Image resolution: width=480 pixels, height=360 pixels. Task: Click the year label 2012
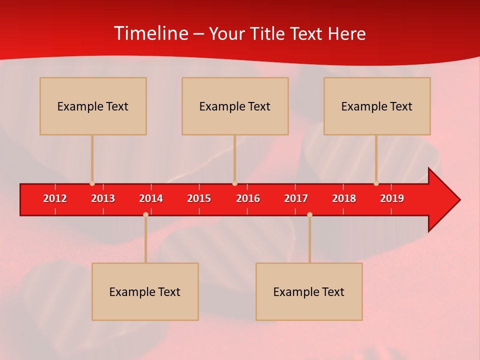pos(55,198)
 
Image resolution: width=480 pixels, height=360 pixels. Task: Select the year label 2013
pos(103,198)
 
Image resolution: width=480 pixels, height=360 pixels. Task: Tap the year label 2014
pos(151,198)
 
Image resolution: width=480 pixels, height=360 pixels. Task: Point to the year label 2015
pos(199,198)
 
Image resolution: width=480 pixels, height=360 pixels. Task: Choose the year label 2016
pos(248,198)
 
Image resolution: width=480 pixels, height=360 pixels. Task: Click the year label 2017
pos(296,198)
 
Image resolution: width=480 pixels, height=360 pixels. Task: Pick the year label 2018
pos(344,198)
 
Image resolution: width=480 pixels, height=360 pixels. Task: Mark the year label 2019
pos(392,198)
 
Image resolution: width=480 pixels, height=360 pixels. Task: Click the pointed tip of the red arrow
pos(458,199)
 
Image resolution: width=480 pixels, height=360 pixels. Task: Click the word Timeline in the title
pos(150,33)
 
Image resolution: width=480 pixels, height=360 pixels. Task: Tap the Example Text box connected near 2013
pos(93,106)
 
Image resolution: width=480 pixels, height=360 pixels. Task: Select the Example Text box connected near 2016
pos(235,106)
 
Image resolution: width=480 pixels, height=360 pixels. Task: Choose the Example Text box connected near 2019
pos(377,106)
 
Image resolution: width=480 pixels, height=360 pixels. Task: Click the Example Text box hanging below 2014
pos(145,291)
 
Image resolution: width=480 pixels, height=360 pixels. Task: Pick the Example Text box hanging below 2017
pos(309,291)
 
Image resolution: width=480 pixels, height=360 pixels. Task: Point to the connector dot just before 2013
pos(92,183)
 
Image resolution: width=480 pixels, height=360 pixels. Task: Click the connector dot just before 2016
pos(234,183)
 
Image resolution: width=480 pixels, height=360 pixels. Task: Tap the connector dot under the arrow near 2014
pos(145,214)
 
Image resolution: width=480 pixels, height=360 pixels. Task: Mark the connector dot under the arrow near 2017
pos(309,214)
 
